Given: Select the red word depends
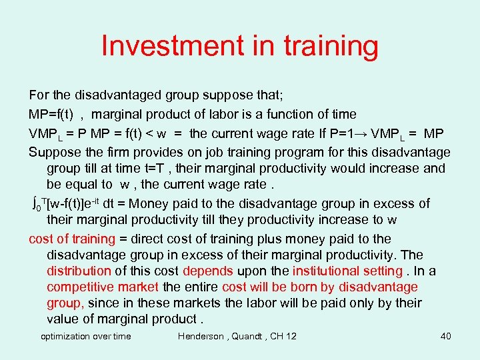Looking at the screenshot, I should click(x=207, y=271).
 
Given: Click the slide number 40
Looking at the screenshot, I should click(x=446, y=336).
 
